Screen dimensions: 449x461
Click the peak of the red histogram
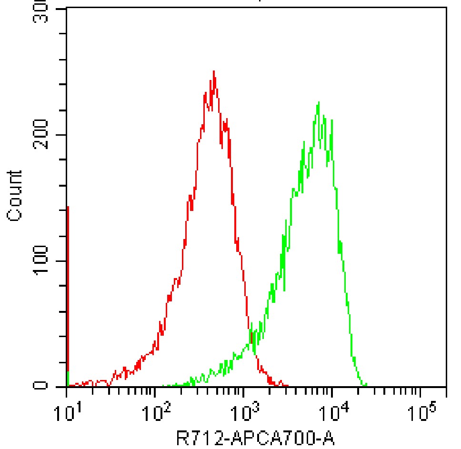(x=214, y=71)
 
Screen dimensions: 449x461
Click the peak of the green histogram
(x=318, y=102)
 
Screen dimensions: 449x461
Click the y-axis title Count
(x=15, y=195)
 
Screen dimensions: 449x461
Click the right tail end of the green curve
(x=366, y=385)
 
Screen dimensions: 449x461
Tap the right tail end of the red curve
(x=287, y=385)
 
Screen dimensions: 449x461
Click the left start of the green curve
(x=163, y=385)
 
